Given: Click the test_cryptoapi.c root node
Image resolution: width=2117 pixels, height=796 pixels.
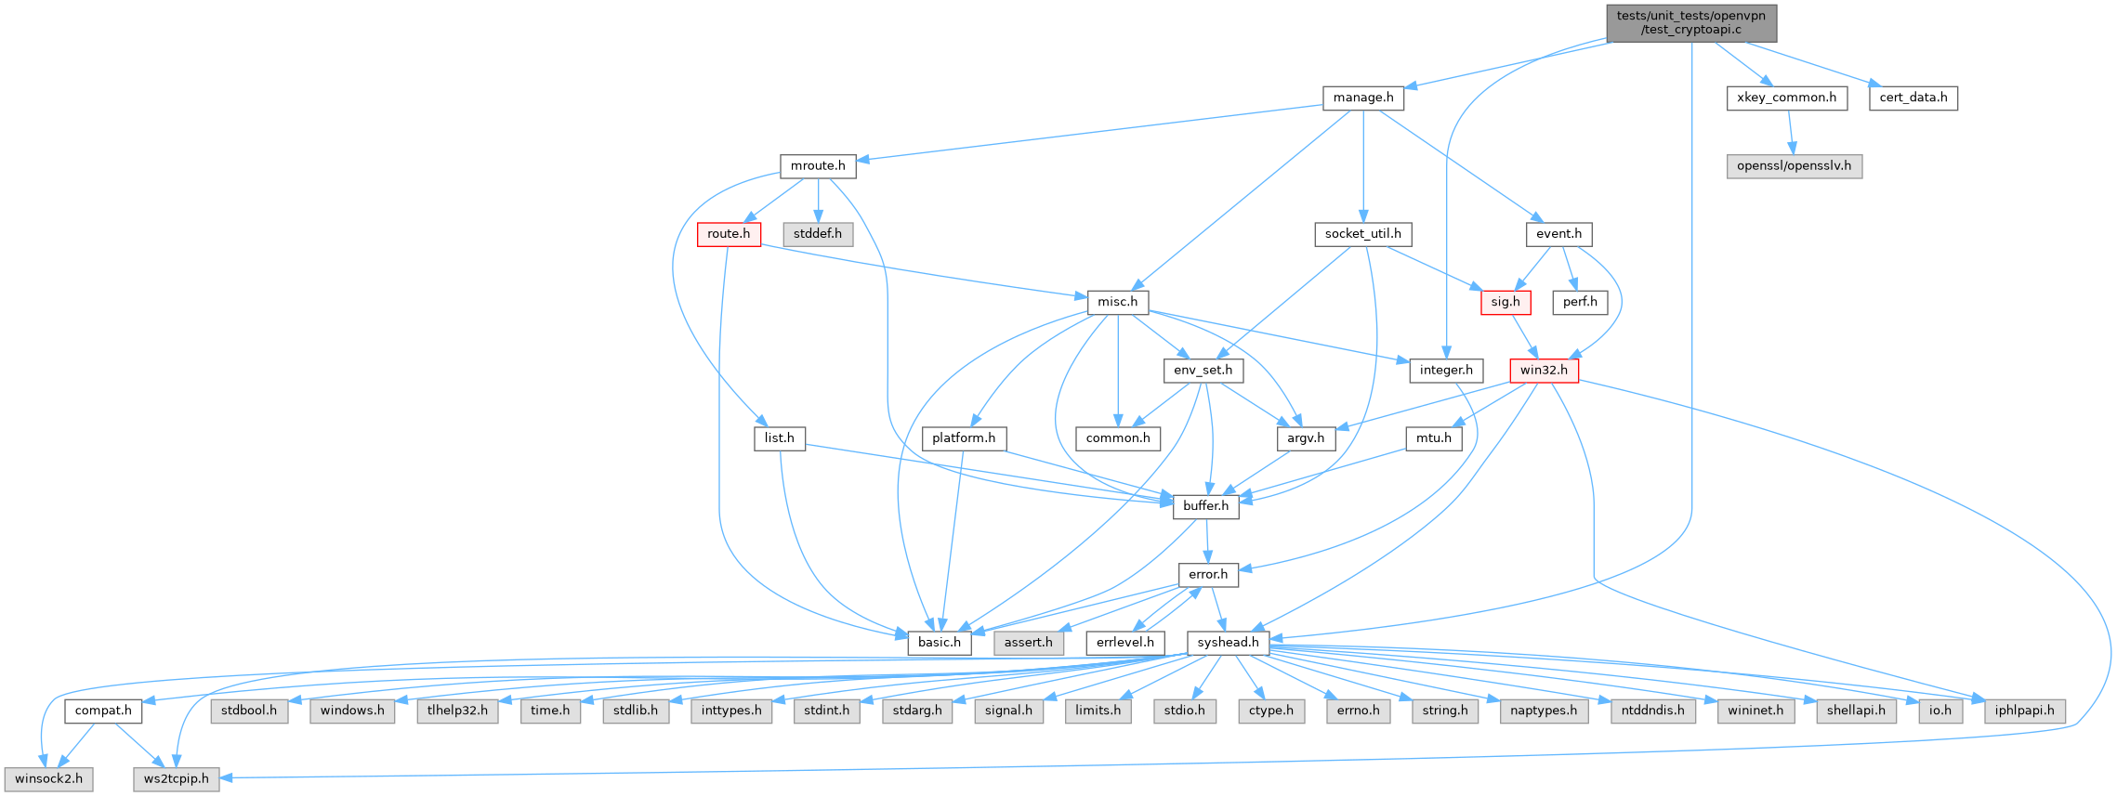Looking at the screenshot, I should tap(1690, 22).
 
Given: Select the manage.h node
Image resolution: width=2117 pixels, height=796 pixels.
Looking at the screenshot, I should tap(1362, 98).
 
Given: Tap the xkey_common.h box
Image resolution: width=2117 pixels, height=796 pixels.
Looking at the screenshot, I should tap(1786, 98).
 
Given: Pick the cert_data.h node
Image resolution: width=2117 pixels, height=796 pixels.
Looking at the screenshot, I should tap(1913, 98).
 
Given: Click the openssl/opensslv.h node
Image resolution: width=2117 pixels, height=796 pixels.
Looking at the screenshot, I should tap(1794, 166).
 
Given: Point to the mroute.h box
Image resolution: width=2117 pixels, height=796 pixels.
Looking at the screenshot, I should tap(817, 166).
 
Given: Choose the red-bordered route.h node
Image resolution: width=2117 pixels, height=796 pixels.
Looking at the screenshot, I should tap(729, 234).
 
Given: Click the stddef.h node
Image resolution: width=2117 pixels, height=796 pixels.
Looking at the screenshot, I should tap(817, 234).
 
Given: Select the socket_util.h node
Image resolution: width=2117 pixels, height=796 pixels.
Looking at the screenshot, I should tap(1362, 234).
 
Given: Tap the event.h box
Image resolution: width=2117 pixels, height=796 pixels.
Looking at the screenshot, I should tap(1558, 234).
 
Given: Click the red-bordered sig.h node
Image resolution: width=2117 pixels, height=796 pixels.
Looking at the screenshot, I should tap(1505, 302).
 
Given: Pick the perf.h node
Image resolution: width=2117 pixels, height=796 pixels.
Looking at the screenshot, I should tap(1579, 302).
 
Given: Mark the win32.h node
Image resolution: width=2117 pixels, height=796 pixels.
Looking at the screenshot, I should tap(1543, 371).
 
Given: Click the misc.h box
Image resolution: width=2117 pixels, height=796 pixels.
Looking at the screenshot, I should tap(1117, 302).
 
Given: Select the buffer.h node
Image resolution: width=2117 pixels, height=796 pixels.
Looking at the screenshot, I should tap(1205, 506).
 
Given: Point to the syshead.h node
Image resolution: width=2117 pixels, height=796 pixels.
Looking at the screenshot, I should tap(1228, 643).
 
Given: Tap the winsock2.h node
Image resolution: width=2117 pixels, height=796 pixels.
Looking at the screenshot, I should tap(48, 778).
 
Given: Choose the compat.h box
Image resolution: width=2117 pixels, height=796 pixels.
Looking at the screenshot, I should tap(103, 711).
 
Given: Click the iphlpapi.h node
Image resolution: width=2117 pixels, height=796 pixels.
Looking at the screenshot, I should tap(2025, 711).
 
